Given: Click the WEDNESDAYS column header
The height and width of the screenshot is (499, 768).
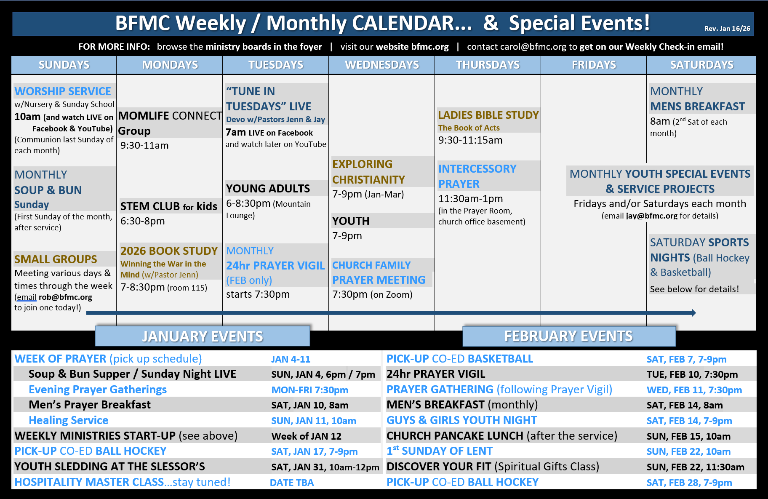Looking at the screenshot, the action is click(382, 65).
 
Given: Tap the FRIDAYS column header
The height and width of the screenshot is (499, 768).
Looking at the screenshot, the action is click(594, 65).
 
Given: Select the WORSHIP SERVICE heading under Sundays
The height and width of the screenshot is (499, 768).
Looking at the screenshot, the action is click(63, 91).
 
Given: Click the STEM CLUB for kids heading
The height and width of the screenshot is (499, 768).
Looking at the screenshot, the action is click(169, 206).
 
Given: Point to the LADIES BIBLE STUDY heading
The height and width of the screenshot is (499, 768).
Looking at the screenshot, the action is click(488, 115).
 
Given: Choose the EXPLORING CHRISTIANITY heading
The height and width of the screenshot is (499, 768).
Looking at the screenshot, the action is click(368, 172).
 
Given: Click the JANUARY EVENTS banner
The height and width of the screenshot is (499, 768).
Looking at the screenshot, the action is click(203, 336).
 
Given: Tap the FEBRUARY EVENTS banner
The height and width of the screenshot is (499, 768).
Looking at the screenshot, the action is click(569, 336).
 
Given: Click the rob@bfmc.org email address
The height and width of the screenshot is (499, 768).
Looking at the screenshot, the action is click(65, 297).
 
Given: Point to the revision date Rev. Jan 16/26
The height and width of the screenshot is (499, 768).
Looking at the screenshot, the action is click(727, 29).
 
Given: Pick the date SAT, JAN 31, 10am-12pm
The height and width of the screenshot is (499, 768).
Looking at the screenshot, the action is click(325, 467).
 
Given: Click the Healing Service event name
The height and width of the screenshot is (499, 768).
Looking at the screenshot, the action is click(68, 420).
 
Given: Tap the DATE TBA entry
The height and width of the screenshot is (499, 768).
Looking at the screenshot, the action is click(292, 483).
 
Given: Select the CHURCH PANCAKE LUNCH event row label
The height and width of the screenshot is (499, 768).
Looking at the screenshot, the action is click(502, 435).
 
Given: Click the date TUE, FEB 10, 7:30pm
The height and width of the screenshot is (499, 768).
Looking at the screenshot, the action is click(692, 374).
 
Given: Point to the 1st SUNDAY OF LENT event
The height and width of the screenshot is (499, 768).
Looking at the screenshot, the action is click(440, 451).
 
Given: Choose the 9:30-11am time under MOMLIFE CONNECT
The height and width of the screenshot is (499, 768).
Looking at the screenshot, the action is click(144, 145).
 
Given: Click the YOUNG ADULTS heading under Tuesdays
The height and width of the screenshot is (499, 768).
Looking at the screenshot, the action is click(268, 188).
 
